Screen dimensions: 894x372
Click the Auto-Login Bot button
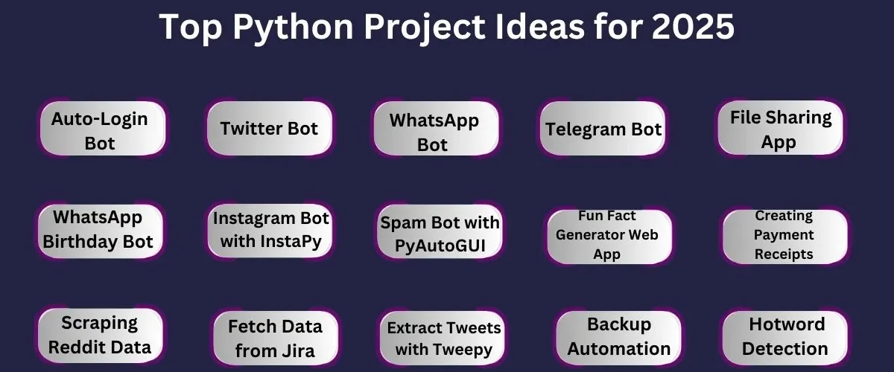tap(103, 129)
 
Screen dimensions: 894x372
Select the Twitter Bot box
tap(270, 129)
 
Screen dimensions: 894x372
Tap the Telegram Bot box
tap(603, 129)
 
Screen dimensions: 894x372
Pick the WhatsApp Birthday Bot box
tap(100, 231)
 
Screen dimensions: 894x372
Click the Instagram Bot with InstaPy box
tap(270, 231)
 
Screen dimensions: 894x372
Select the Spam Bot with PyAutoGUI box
tap(440, 231)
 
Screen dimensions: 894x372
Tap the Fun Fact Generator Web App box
tap(609, 237)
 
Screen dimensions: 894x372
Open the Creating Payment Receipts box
tap(785, 237)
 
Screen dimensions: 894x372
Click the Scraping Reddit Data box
tap(100, 336)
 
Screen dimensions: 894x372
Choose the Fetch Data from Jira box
tap(276, 338)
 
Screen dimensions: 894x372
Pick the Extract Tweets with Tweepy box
tap(443, 338)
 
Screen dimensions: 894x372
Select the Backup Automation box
tap(618, 338)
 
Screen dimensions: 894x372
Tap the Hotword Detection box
tap(785, 338)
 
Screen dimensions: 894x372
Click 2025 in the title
tap(693, 26)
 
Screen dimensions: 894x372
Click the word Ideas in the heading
tap(539, 26)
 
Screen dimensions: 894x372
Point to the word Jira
tap(297, 351)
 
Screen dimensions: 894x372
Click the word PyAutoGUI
tap(440, 246)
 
